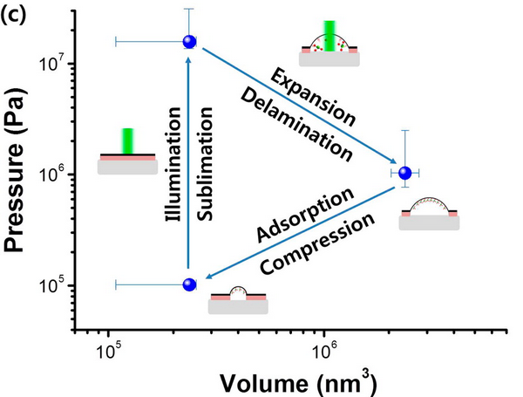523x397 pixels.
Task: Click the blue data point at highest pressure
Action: coord(188,41)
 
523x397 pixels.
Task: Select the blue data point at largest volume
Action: coord(404,173)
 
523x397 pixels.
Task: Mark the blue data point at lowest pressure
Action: coord(188,284)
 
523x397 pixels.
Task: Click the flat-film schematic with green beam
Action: coord(127,152)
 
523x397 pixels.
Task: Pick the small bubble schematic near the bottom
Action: coord(238,298)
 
